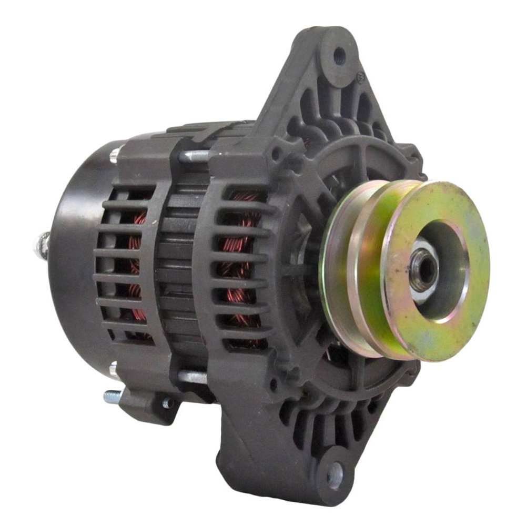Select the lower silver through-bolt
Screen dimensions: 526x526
pos(194,376)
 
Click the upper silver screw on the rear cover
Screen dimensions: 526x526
pos(114,154)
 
